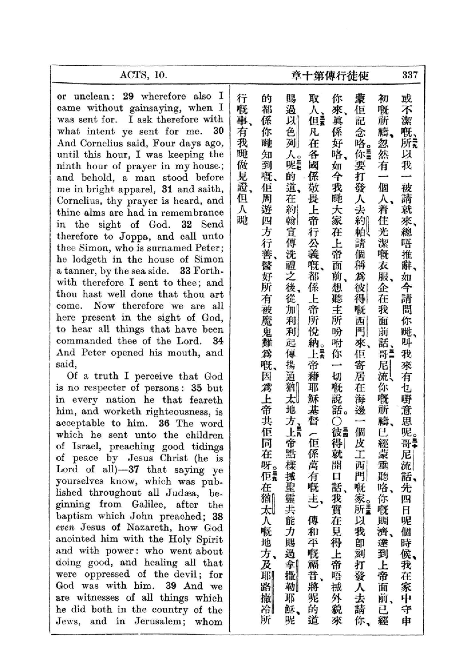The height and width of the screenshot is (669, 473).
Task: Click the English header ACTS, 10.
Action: (x=143, y=76)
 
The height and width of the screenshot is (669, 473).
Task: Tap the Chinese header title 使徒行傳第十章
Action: (x=330, y=76)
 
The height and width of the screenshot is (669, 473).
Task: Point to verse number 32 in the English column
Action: (x=187, y=224)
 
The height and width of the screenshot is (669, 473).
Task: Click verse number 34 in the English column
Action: (x=218, y=341)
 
